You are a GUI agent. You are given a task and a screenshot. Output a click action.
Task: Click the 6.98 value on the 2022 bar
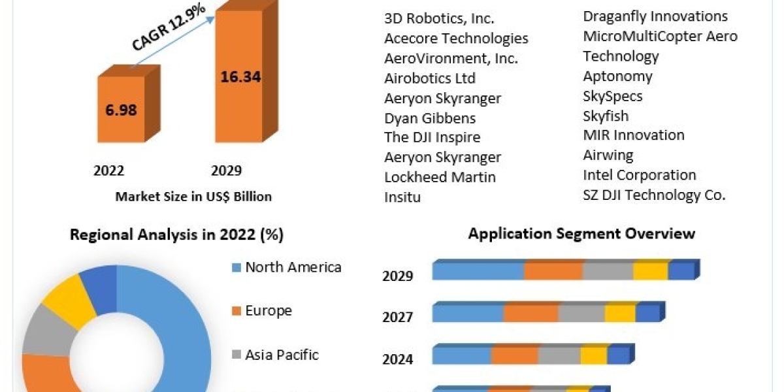pyautogui.click(x=121, y=109)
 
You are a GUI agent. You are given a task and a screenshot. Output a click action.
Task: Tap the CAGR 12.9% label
pyautogui.click(x=169, y=29)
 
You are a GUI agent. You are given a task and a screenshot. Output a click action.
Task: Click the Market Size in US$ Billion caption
pyautogui.click(x=193, y=196)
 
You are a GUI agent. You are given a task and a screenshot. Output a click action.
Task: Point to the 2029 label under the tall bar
pyautogui.click(x=226, y=171)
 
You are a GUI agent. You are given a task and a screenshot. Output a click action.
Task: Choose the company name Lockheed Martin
pyautogui.click(x=440, y=177)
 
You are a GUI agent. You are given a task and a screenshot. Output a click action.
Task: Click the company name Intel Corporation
pyautogui.click(x=639, y=175)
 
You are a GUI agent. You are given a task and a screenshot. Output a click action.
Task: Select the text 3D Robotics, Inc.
pyautogui.click(x=439, y=18)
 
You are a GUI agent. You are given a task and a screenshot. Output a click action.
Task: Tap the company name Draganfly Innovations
pyautogui.click(x=655, y=16)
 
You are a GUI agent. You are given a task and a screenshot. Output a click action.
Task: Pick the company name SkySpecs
pyautogui.click(x=612, y=96)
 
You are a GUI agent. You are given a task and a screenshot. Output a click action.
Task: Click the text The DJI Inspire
pyautogui.click(x=432, y=137)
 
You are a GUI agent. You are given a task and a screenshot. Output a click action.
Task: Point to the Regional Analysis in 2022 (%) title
pyautogui.click(x=176, y=235)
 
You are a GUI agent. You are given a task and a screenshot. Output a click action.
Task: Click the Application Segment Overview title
pyautogui.click(x=581, y=233)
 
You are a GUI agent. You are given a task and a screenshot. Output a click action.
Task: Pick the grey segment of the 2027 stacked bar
pyautogui.click(x=581, y=313)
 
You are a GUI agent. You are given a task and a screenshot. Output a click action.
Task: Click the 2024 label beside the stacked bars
pyautogui.click(x=397, y=359)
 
